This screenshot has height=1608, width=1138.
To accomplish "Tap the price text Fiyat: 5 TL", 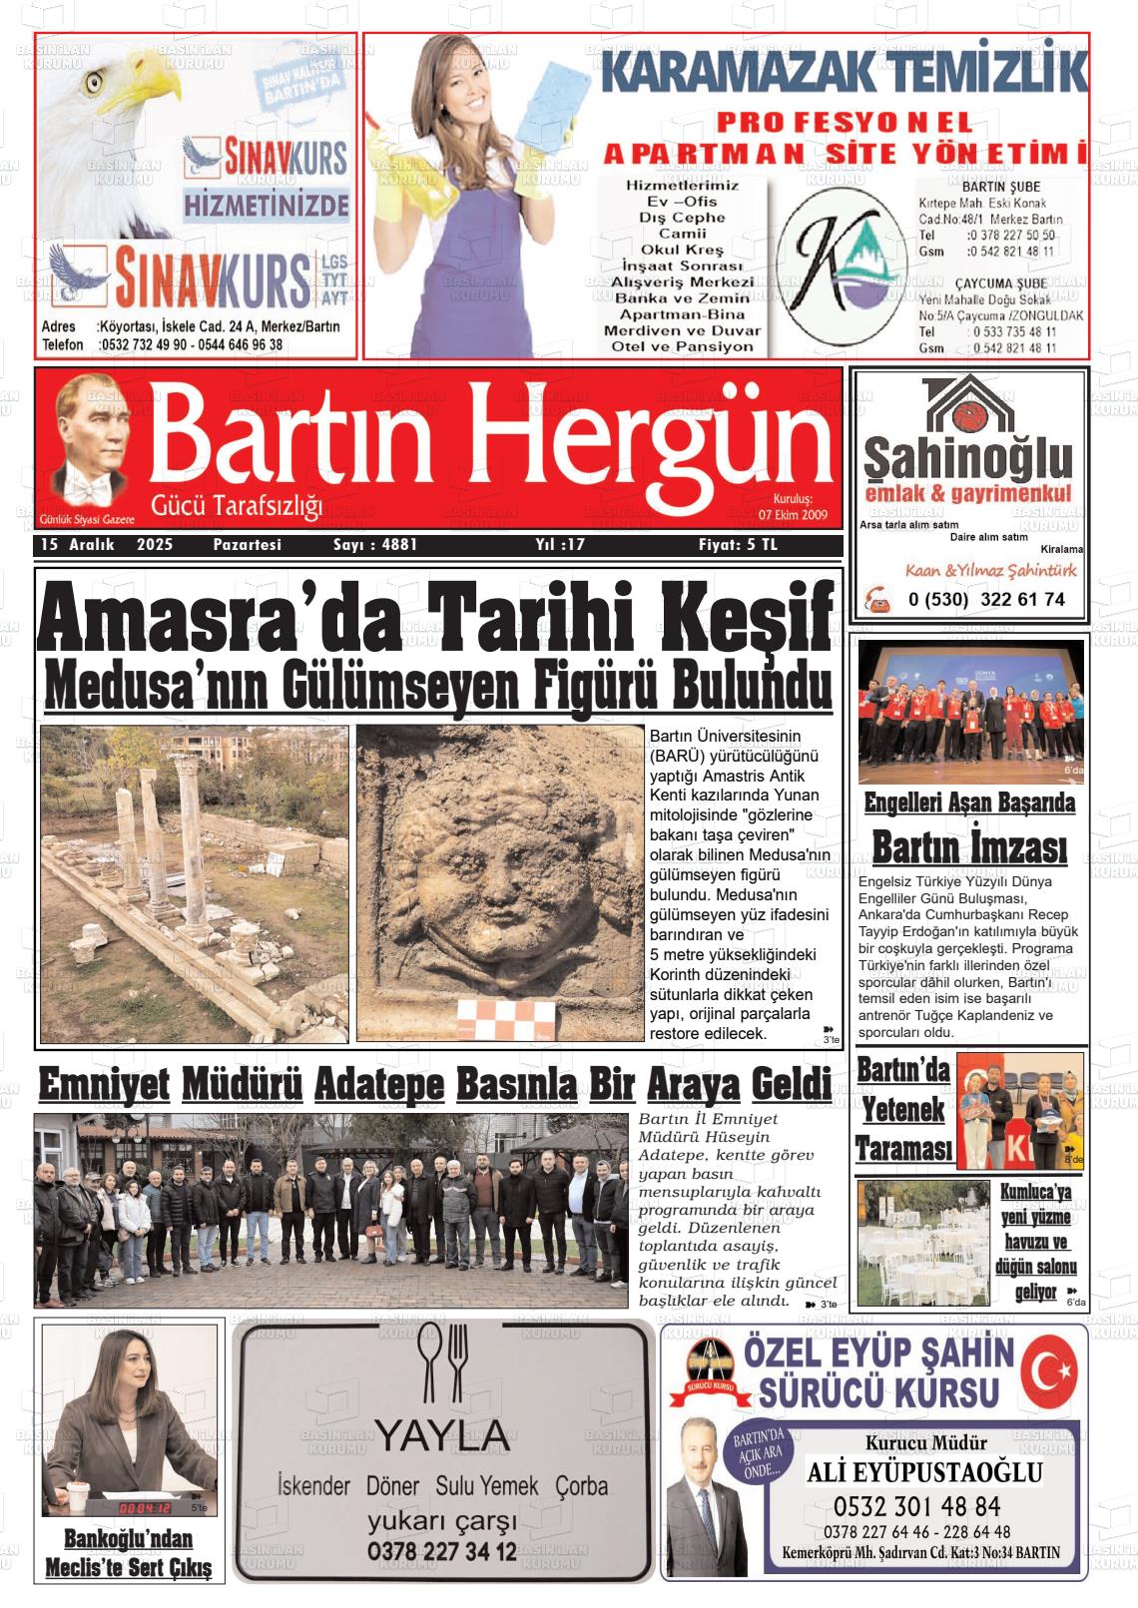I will pos(738,545).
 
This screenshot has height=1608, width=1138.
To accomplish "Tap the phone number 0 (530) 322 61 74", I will pos(986,600).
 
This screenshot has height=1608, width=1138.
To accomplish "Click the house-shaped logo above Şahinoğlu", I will pos(967,404).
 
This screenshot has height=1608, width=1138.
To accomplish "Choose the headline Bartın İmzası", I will pos(969,848).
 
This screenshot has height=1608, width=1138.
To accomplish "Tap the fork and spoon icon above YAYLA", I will pos(444,1361).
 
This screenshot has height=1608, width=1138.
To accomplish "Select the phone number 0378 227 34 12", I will pos(441,1551).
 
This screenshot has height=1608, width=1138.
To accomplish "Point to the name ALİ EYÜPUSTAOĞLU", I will pos(924,1472).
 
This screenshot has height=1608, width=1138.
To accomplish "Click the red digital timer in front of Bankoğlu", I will pos(144,1507).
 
